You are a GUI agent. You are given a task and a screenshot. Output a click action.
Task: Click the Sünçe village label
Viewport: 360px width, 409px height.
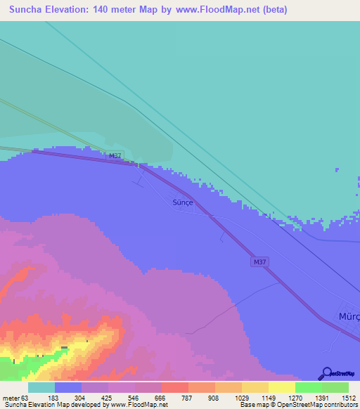pos(182,202)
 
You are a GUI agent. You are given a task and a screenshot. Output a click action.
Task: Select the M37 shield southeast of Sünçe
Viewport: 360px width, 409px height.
pos(259,262)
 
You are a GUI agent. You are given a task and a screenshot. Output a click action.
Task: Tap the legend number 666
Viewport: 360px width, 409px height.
pos(161,398)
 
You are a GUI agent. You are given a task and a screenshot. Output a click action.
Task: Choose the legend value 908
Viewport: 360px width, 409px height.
pos(214,398)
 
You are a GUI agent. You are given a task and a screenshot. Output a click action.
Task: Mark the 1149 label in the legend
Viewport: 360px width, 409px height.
pos(268,398)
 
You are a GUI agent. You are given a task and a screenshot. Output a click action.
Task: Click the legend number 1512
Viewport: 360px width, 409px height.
pos(348,398)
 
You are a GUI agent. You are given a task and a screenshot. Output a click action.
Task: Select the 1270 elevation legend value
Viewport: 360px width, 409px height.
pos(295,398)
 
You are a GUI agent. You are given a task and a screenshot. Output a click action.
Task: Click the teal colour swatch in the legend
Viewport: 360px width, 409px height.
pos(41,387)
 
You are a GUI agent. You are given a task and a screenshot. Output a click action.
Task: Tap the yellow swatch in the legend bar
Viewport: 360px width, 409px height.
pos(281,387)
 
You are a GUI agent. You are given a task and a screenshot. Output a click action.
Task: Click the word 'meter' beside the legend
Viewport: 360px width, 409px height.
pos(11,398)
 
